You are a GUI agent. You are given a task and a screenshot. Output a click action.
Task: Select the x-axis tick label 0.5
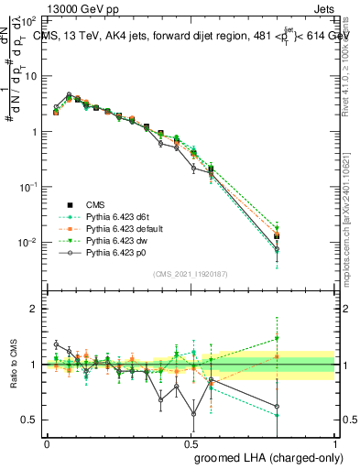191,442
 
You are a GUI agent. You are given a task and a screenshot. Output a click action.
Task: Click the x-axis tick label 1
335,442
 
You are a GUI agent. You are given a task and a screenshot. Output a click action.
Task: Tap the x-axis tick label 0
47,442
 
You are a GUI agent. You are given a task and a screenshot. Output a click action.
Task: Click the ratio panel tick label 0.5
27,420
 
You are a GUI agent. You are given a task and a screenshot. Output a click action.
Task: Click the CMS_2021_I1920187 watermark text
191,273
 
